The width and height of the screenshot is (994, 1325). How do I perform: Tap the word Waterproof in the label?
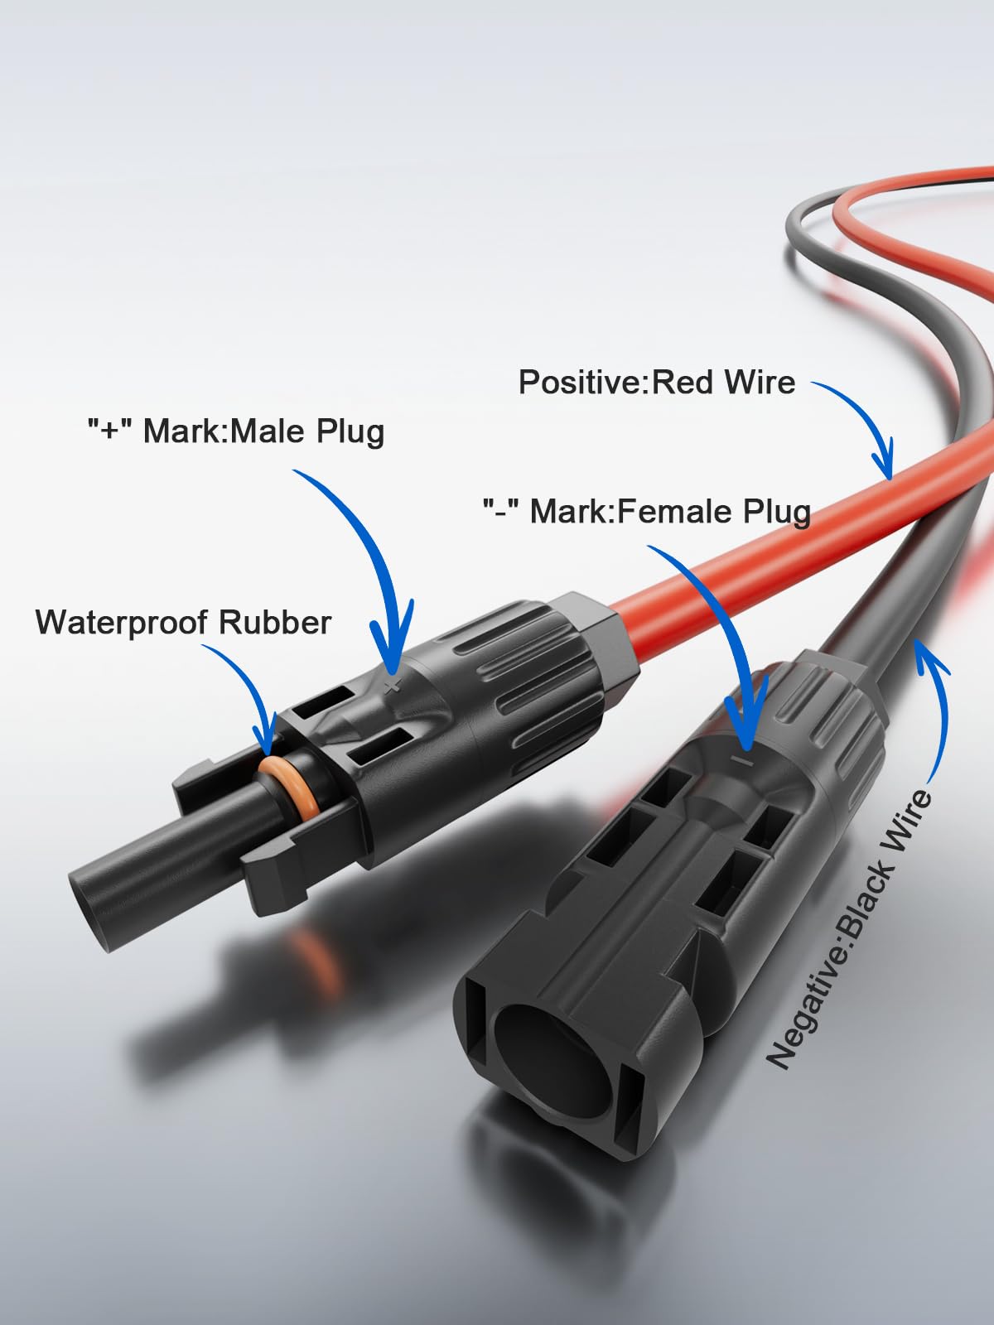(x=123, y=623)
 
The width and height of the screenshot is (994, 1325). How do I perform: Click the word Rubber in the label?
(x=275, y=622)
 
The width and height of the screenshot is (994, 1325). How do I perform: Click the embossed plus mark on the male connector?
(x=393, y=686)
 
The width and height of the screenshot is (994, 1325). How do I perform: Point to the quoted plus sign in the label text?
(x=110, y=430)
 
